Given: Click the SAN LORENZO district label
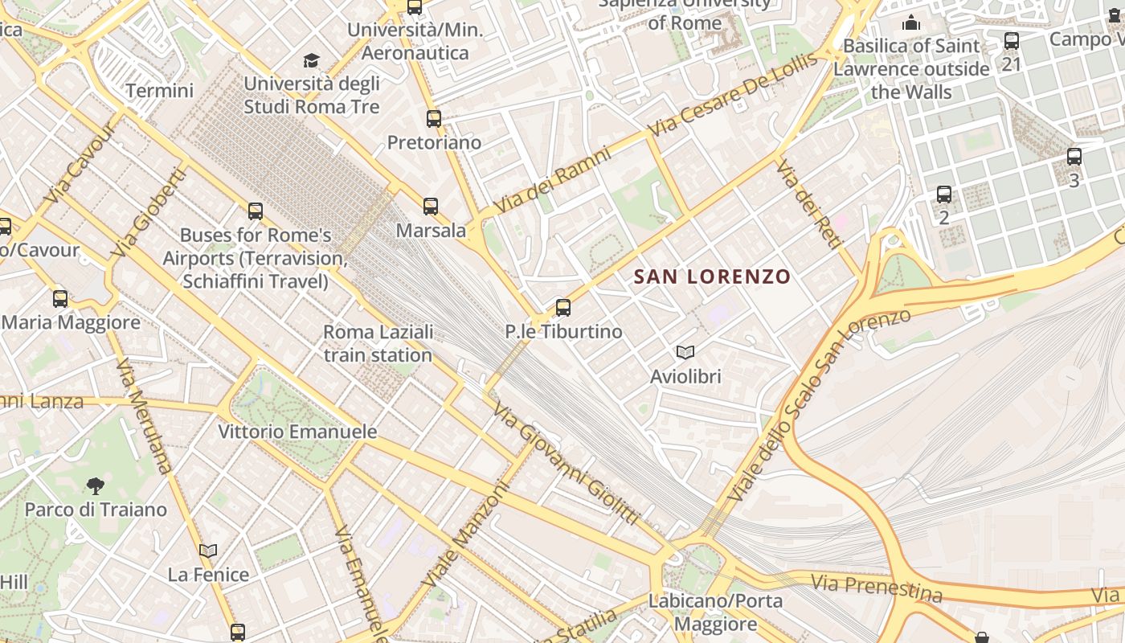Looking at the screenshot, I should pyautogui.click(x=712, y=276).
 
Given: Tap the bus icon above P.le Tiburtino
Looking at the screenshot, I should pyautogui.click(x=563, y=308).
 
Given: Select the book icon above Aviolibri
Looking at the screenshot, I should pyautogui.click(x=685, y=352).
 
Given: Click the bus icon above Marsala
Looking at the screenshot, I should pyautogui.click(x=431, y=207).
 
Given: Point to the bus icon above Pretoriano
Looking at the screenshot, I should pyautogui.click(x=434, y=119).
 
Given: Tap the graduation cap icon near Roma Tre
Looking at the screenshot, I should pyautogui.click(x=311, y=60).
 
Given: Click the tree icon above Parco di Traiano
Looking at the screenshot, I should pyautogui.click(x=96, y=485).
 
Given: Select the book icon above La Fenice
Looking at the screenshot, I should pyautogui.click(x=208, y=551).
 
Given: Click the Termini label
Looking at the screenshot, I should pyautogui.click(x=159, y=91).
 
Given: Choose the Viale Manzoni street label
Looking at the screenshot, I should pyautogui.click(x=466, y=533).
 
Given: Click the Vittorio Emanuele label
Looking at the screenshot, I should pyautogui.click(x=297, y=432).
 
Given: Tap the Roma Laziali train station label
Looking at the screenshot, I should pyautogui.click(x=378, y=343).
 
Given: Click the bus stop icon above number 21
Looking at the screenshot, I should pyautogui.click(x=1012, y=40).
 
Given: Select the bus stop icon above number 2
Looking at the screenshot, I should pyautogui.click(x=944, y=195).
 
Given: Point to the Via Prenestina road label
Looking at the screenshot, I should pyautogui.click(x=876, y=588).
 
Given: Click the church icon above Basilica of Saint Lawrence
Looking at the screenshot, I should pyautogui.click(x=911, y=23).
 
